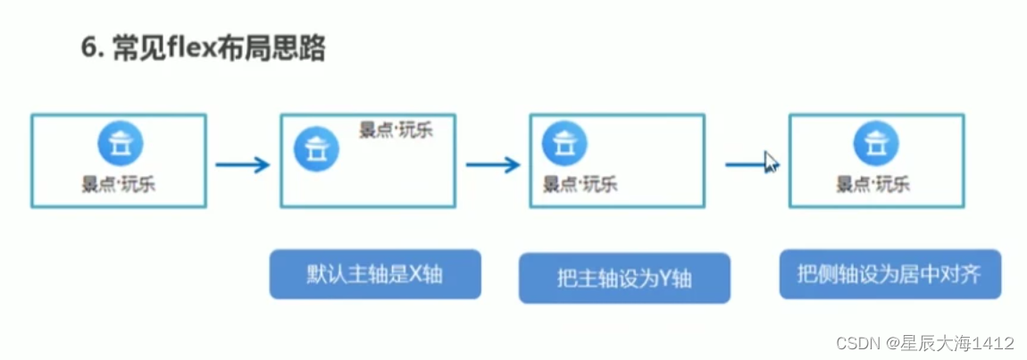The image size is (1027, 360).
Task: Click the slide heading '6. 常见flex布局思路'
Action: click(x=204, y=48)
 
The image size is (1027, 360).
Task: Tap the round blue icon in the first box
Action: click(x=121, y=143)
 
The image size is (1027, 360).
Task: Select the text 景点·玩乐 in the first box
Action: click(x=121, y=185)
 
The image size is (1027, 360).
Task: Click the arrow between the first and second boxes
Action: click(x=242, y=164)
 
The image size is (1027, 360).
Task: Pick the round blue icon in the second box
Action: click(x=314, y=149)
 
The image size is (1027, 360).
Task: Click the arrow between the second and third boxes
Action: click(x=492, y=164)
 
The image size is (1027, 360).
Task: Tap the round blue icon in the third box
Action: click(x=564, y=143)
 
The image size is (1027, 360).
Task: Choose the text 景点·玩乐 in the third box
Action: click(x=580, y=185)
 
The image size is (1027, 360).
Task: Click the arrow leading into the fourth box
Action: click(x=746, y=164)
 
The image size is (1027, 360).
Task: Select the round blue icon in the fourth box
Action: click(x=875, y=143)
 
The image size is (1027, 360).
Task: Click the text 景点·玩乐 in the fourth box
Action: click(x=873, y=185)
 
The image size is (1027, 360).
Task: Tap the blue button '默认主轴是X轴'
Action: click(x=375, y=274)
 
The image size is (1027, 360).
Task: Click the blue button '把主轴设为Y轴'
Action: click(x=624, y=279)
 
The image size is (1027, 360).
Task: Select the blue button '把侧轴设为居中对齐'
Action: click(x=889, y=273)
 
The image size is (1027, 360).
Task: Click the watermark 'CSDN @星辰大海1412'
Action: click(x=924, y=343)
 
